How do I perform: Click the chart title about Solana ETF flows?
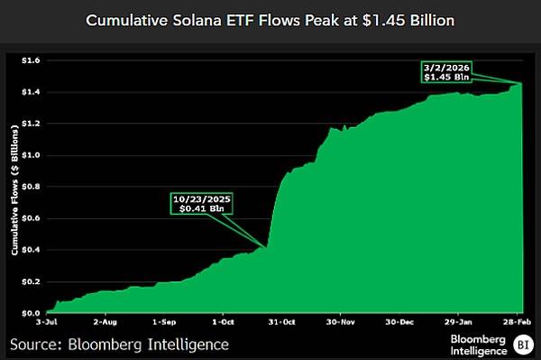coord(270,19)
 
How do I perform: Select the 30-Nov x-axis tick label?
coord(344,320)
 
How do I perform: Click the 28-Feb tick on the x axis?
coord(516,320)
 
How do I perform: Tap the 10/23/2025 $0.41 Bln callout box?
coord(200,204)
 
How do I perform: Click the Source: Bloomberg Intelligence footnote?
coord(119,344)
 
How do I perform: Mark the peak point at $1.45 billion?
coord(522,83)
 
